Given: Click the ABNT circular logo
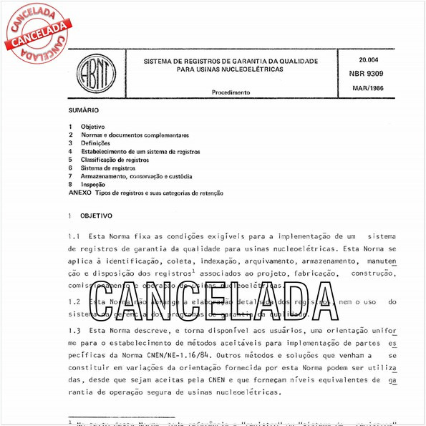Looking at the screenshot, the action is click(91, 74).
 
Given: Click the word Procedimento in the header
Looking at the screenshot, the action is click(231, 92).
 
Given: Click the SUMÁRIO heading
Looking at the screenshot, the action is click(83, 111).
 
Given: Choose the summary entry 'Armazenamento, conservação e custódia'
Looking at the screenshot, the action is click(137, 176).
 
